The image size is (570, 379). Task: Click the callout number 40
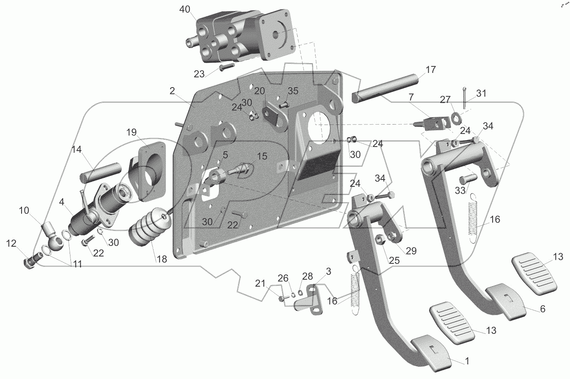(x=184, y=10)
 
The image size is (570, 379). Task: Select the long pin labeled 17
(x=387, y=88)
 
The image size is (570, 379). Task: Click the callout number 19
(x=131, y=132)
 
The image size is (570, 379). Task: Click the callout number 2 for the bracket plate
(x=172, y=91)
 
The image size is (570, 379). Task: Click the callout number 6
(x=542, y=309)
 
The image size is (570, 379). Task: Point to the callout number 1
(x=467, y=361)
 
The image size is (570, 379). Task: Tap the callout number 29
(x=411, y=251)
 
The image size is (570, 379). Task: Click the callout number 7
(x=411, y=98)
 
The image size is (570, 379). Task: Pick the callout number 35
(x=293, y=90)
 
